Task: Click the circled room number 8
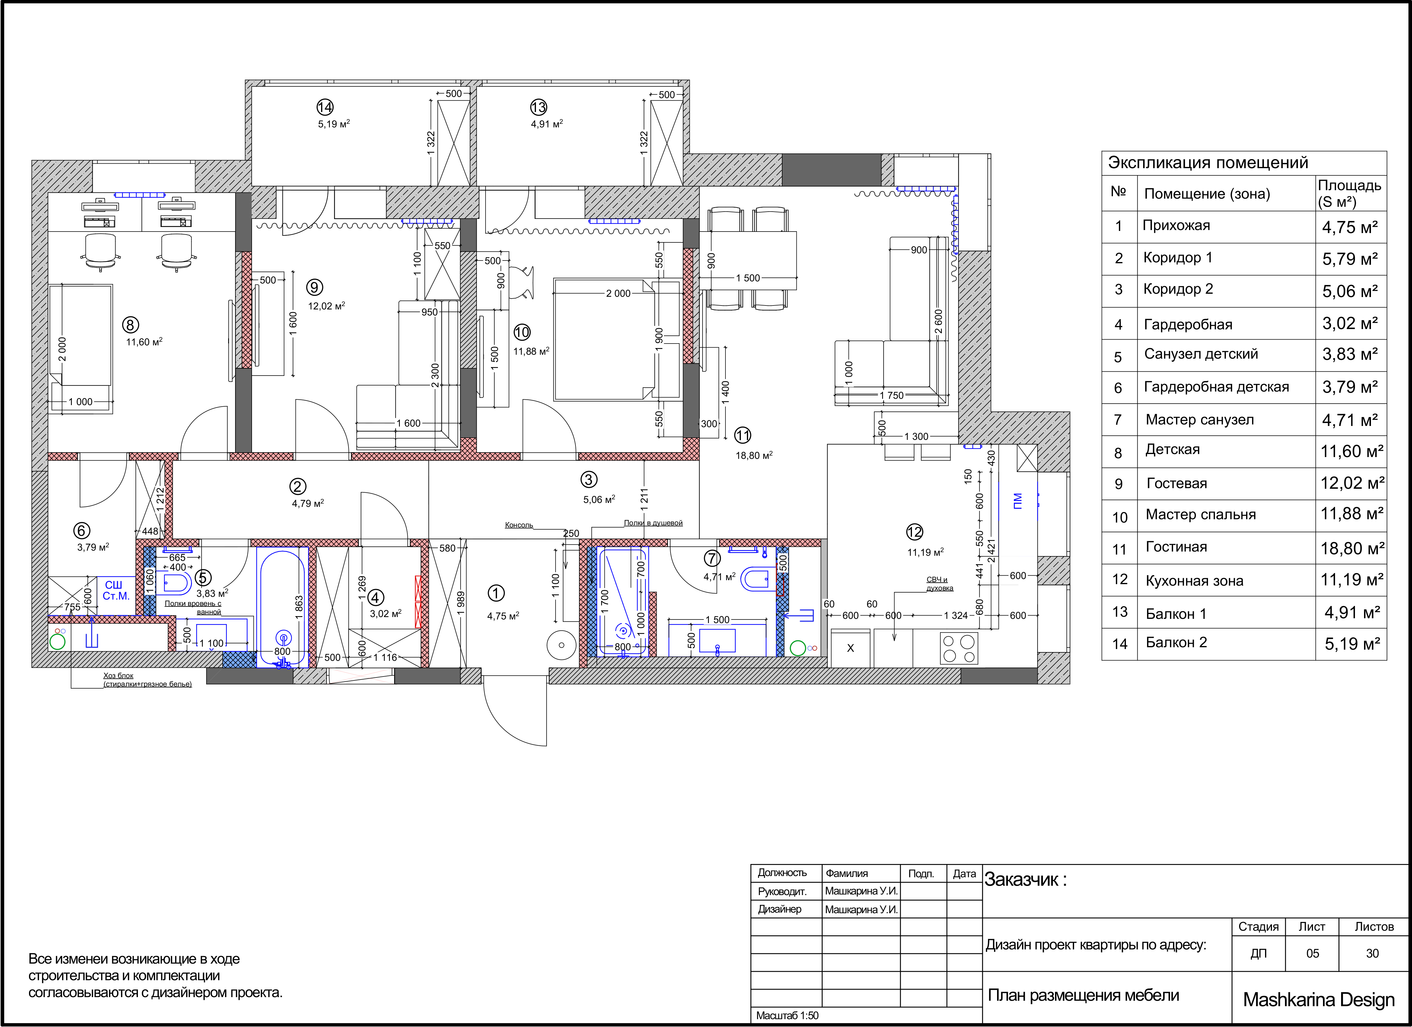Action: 130,325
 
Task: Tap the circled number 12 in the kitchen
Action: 915,532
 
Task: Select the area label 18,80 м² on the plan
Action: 754,455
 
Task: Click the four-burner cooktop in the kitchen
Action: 959,648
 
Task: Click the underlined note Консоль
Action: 519,525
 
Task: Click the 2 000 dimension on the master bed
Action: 618,293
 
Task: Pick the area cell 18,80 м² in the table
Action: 1352,549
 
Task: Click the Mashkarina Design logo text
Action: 1319,1000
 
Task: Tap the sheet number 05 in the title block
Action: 1312,954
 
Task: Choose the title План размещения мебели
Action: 1083,995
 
